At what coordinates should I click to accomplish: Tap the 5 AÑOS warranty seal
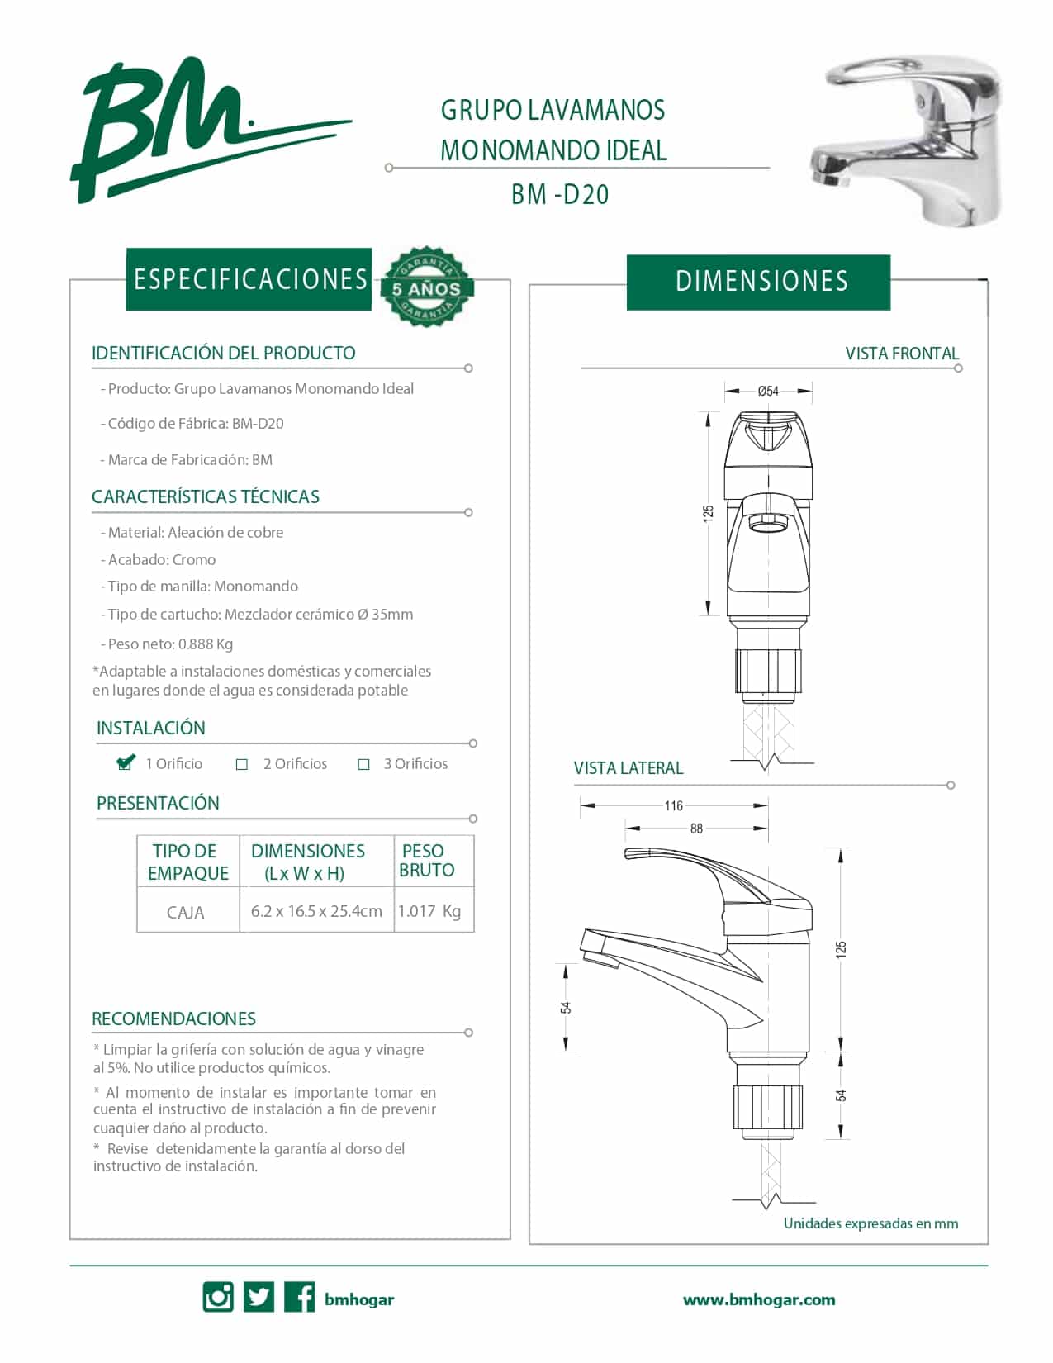[426, 286]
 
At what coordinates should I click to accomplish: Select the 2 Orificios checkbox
[242, 764]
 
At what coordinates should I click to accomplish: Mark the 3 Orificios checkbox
[363, 764]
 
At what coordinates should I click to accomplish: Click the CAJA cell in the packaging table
[186, 912]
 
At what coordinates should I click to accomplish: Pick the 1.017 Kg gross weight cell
[429, 911]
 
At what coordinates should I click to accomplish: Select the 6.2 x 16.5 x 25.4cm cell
[316, 911]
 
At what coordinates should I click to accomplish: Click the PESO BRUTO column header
[426, 861]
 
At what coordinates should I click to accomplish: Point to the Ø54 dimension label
[768, 391]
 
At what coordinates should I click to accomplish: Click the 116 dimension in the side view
[674, 805]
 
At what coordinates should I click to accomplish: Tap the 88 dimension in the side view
[696, 828]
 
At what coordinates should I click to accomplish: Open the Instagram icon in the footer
[218, 1297]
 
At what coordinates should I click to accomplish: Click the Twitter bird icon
[259, 1297]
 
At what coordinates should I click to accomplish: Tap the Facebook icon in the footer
[299, 1297]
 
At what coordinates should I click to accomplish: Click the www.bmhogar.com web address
[758, 1299]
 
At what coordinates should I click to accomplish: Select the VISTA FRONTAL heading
[902, 354]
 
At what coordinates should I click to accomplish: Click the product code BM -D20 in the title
[560, 194]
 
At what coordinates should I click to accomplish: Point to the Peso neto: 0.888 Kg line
[170, 644]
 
